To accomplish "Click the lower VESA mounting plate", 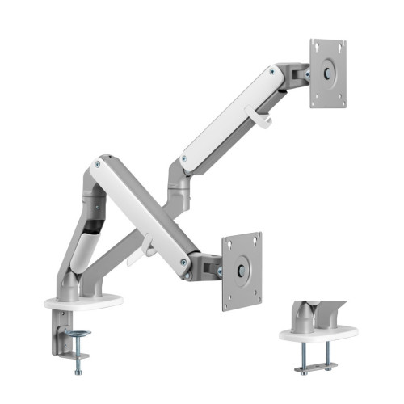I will [242, 271].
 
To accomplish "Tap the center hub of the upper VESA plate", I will [328, 73].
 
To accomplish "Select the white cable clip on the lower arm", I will [147, 244].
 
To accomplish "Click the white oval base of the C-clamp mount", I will [84, 302].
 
